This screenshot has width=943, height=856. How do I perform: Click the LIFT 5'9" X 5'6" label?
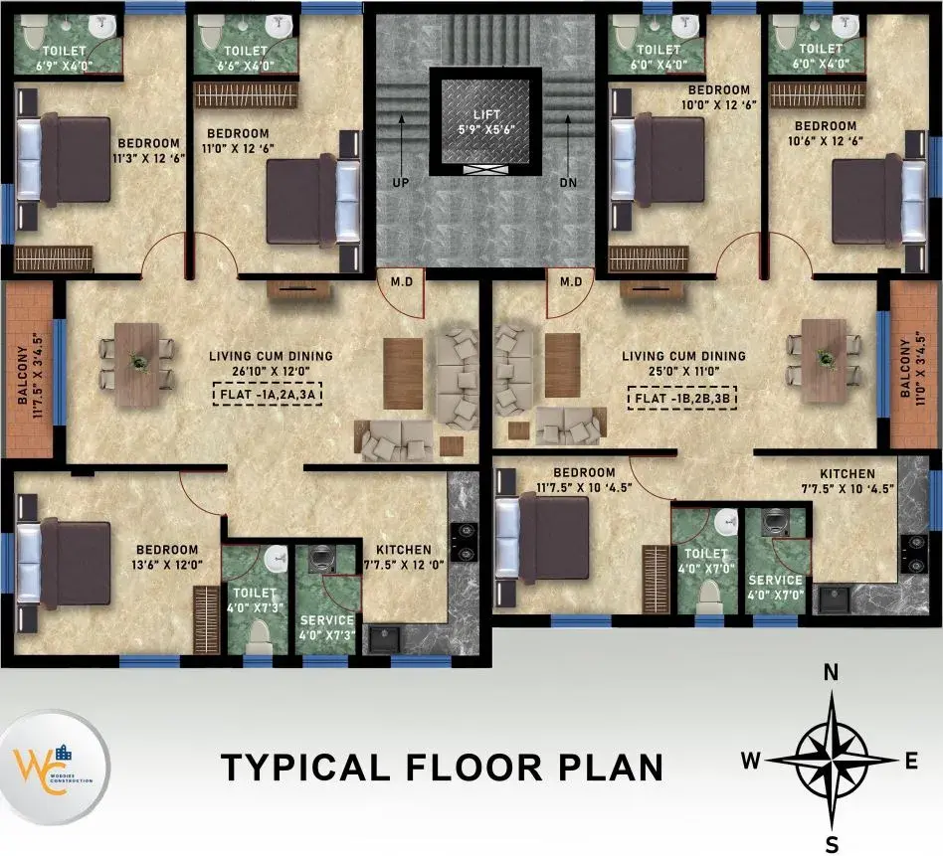point(486,122)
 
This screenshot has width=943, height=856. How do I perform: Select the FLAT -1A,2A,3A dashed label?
point(268,395)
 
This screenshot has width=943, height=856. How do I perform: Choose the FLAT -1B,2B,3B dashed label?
point(682,398)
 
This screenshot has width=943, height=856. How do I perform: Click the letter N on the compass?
point(831,673)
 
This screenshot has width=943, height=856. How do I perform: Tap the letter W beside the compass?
point(750,761)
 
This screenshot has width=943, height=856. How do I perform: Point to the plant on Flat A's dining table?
point(139,361)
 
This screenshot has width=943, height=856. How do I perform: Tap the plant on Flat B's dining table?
point(825,357)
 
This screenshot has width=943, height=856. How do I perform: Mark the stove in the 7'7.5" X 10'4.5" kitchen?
point(914,553)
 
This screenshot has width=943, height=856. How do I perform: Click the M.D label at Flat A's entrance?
point(402,281)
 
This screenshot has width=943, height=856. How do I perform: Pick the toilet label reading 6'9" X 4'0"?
point(65,58)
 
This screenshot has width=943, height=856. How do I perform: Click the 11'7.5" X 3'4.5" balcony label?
point(30,375)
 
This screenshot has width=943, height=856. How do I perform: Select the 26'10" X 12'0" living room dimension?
point(271,371)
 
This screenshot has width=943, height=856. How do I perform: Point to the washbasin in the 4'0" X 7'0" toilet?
point(728,520)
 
